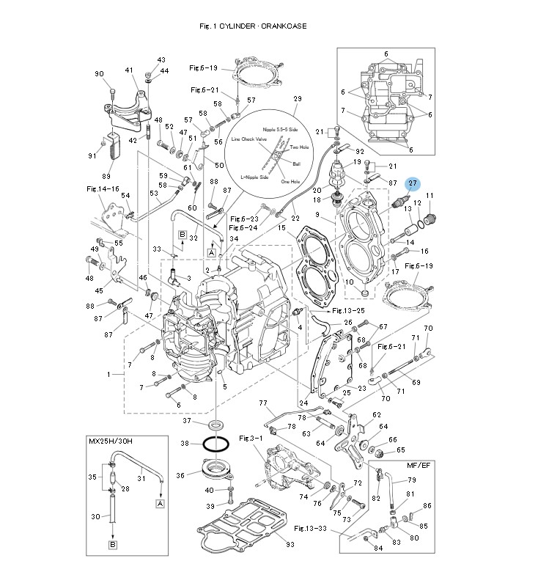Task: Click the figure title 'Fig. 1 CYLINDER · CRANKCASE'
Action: [253, 26]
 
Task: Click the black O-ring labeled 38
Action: [216, 444]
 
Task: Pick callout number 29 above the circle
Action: [298, 99]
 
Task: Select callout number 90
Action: [100, 73]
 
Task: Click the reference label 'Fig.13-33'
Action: [309, 528]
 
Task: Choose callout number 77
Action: [263, 403]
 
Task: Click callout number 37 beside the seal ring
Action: [187, 421]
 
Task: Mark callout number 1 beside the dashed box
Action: [110, 374]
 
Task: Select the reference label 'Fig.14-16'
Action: [102, 188]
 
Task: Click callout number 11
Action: [430, 195]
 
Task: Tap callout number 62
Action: [377, 415]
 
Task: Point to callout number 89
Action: [106, 176]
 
